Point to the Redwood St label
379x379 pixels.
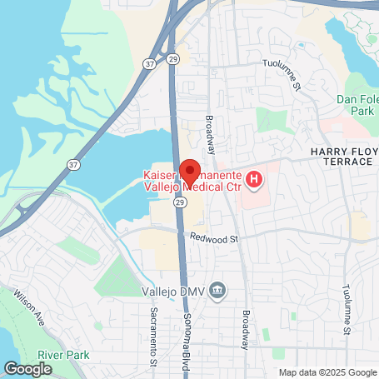point(214,238)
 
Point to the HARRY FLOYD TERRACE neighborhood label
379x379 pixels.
point(340,155)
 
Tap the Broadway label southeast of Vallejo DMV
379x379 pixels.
point(246,328)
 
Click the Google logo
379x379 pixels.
point(28,367)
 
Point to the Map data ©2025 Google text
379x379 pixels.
point(327,372)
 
